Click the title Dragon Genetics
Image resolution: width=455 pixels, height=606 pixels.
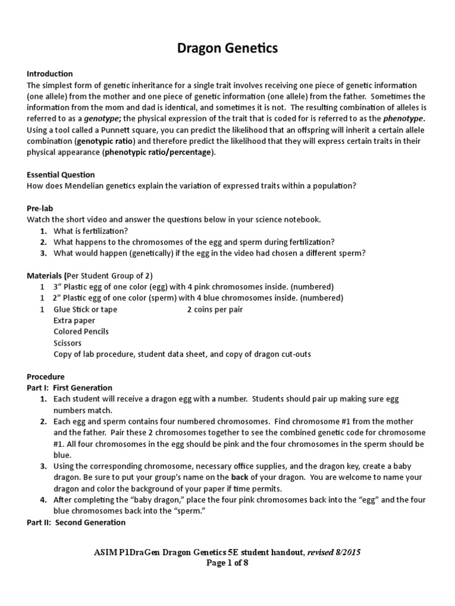(x=227, y=49)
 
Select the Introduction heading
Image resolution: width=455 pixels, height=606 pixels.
(x=50, y=74)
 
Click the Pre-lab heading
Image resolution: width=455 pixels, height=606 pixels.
(x=41, y=208)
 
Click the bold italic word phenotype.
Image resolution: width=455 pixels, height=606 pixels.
(x=405, y=118)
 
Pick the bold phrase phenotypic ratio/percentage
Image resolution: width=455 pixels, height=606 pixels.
(x=158, y=152)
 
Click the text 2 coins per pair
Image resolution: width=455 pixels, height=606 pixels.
(x=215, y=310)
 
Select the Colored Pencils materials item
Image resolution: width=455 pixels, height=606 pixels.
(x=81, y=332)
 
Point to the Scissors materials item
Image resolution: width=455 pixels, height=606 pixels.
(x=68, y=343)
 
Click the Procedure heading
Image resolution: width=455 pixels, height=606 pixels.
(x=46, y=377)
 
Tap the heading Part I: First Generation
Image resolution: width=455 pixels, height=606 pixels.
(x=69, y=388)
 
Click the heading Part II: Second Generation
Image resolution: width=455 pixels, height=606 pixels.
(x=76, y=523)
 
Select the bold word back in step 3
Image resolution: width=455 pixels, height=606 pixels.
(x=240, y=478)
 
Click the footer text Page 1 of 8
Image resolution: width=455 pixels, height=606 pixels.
(x=227, y=563)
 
